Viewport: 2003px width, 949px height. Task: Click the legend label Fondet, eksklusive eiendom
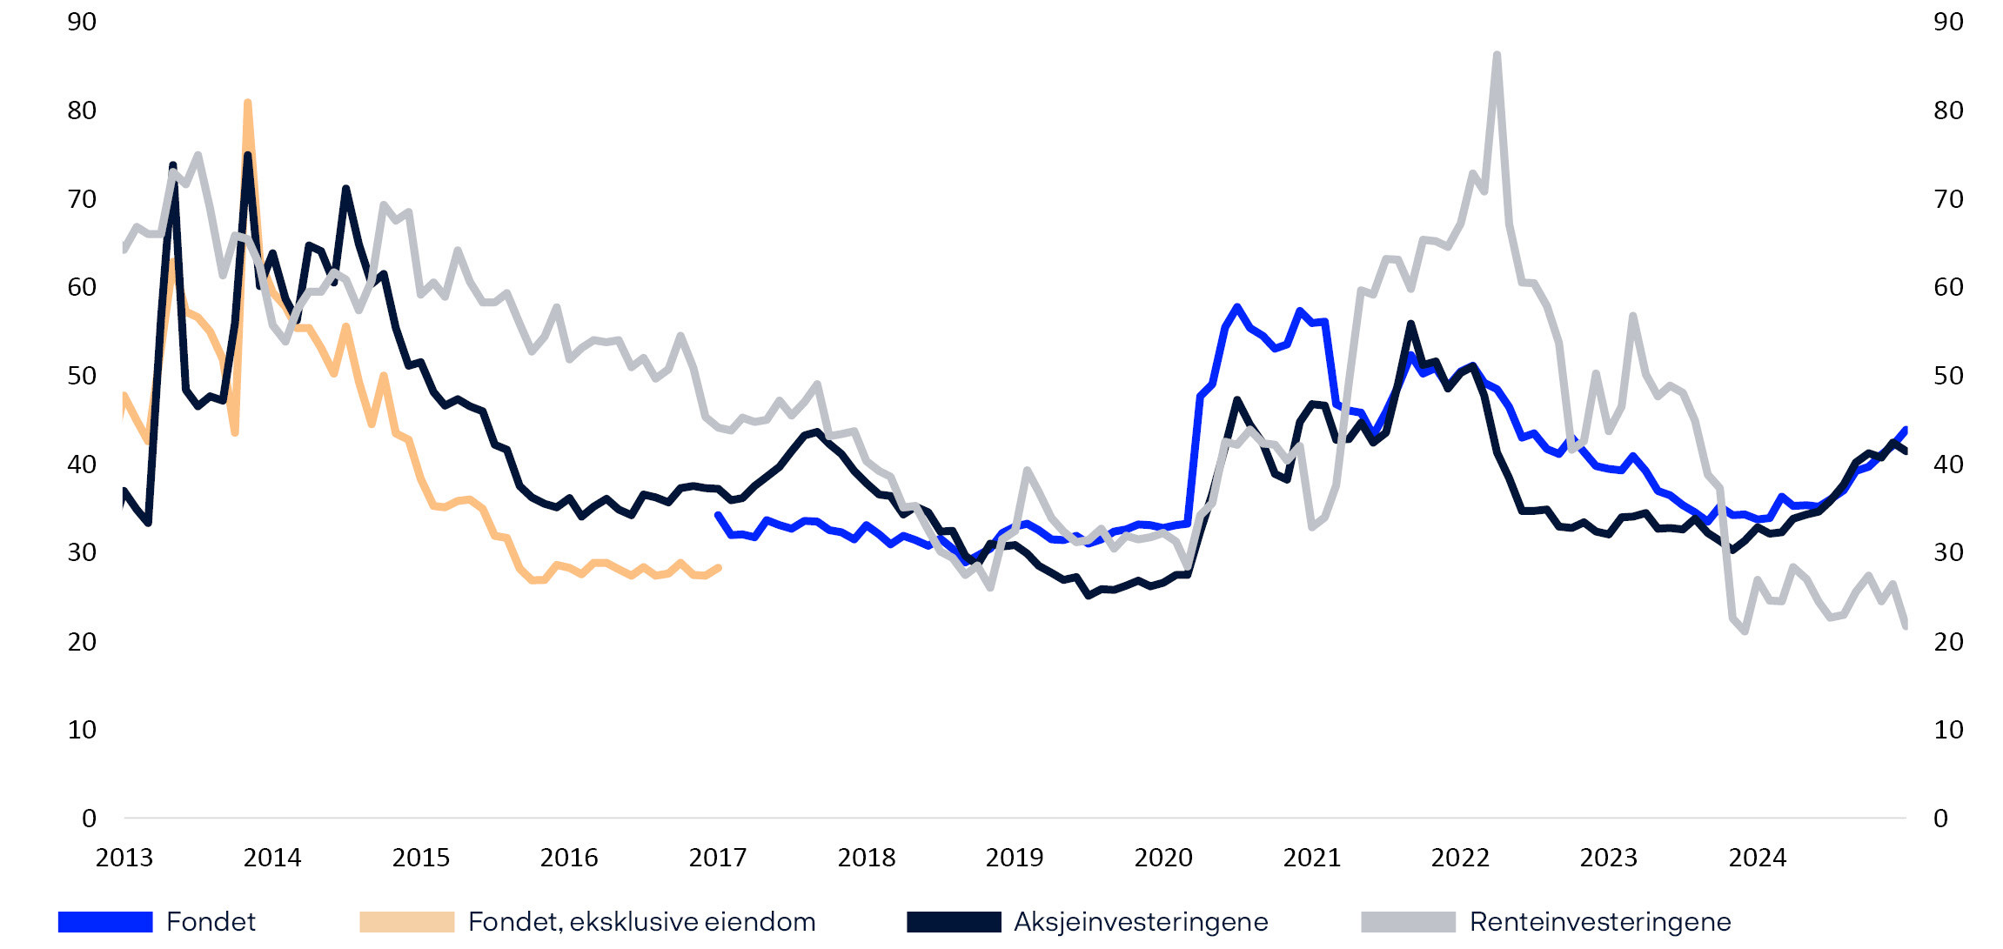pos(641,921)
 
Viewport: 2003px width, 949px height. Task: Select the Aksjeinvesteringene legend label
pos(1141,921)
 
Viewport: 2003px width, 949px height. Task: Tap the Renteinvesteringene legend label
pos(1599,921)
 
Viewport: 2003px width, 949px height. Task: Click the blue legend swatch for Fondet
pos(105,922)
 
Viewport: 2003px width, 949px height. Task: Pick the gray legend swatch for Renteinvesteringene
pos(1408,922)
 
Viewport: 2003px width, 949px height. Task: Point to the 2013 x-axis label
pos(124,858)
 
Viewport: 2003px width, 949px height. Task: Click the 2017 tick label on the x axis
pos(717,858)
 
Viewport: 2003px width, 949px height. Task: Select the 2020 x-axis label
pos(1162,858)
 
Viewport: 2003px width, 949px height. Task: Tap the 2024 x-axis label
pos(1757,858)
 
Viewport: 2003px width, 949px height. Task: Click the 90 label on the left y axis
pos(82,22)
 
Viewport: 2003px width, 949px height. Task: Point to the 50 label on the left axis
pos(82,376)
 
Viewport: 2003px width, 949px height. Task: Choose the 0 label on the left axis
pos(89,818)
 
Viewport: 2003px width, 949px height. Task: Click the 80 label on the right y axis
pos(1948,110)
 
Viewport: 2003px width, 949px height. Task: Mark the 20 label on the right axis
pos(1948,641)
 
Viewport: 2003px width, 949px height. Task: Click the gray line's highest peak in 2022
pos(1497,55)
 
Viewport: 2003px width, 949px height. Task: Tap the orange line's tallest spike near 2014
pos(248,103)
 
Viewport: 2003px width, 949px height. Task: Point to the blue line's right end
pos(1906,429)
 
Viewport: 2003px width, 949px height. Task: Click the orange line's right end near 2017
pos(719,568)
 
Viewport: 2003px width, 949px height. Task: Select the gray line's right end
pos(1906,625)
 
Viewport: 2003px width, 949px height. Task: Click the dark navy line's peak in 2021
pos(1410,324)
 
